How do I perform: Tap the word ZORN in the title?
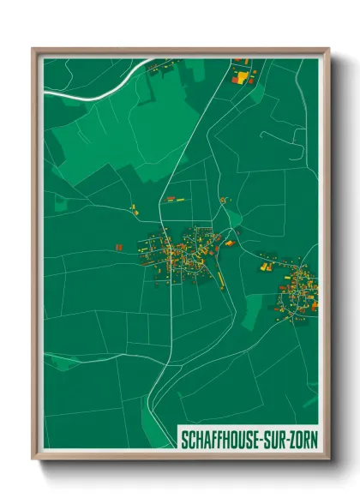click(x=299, y=440)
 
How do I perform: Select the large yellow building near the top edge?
click(x=242, y=78)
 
